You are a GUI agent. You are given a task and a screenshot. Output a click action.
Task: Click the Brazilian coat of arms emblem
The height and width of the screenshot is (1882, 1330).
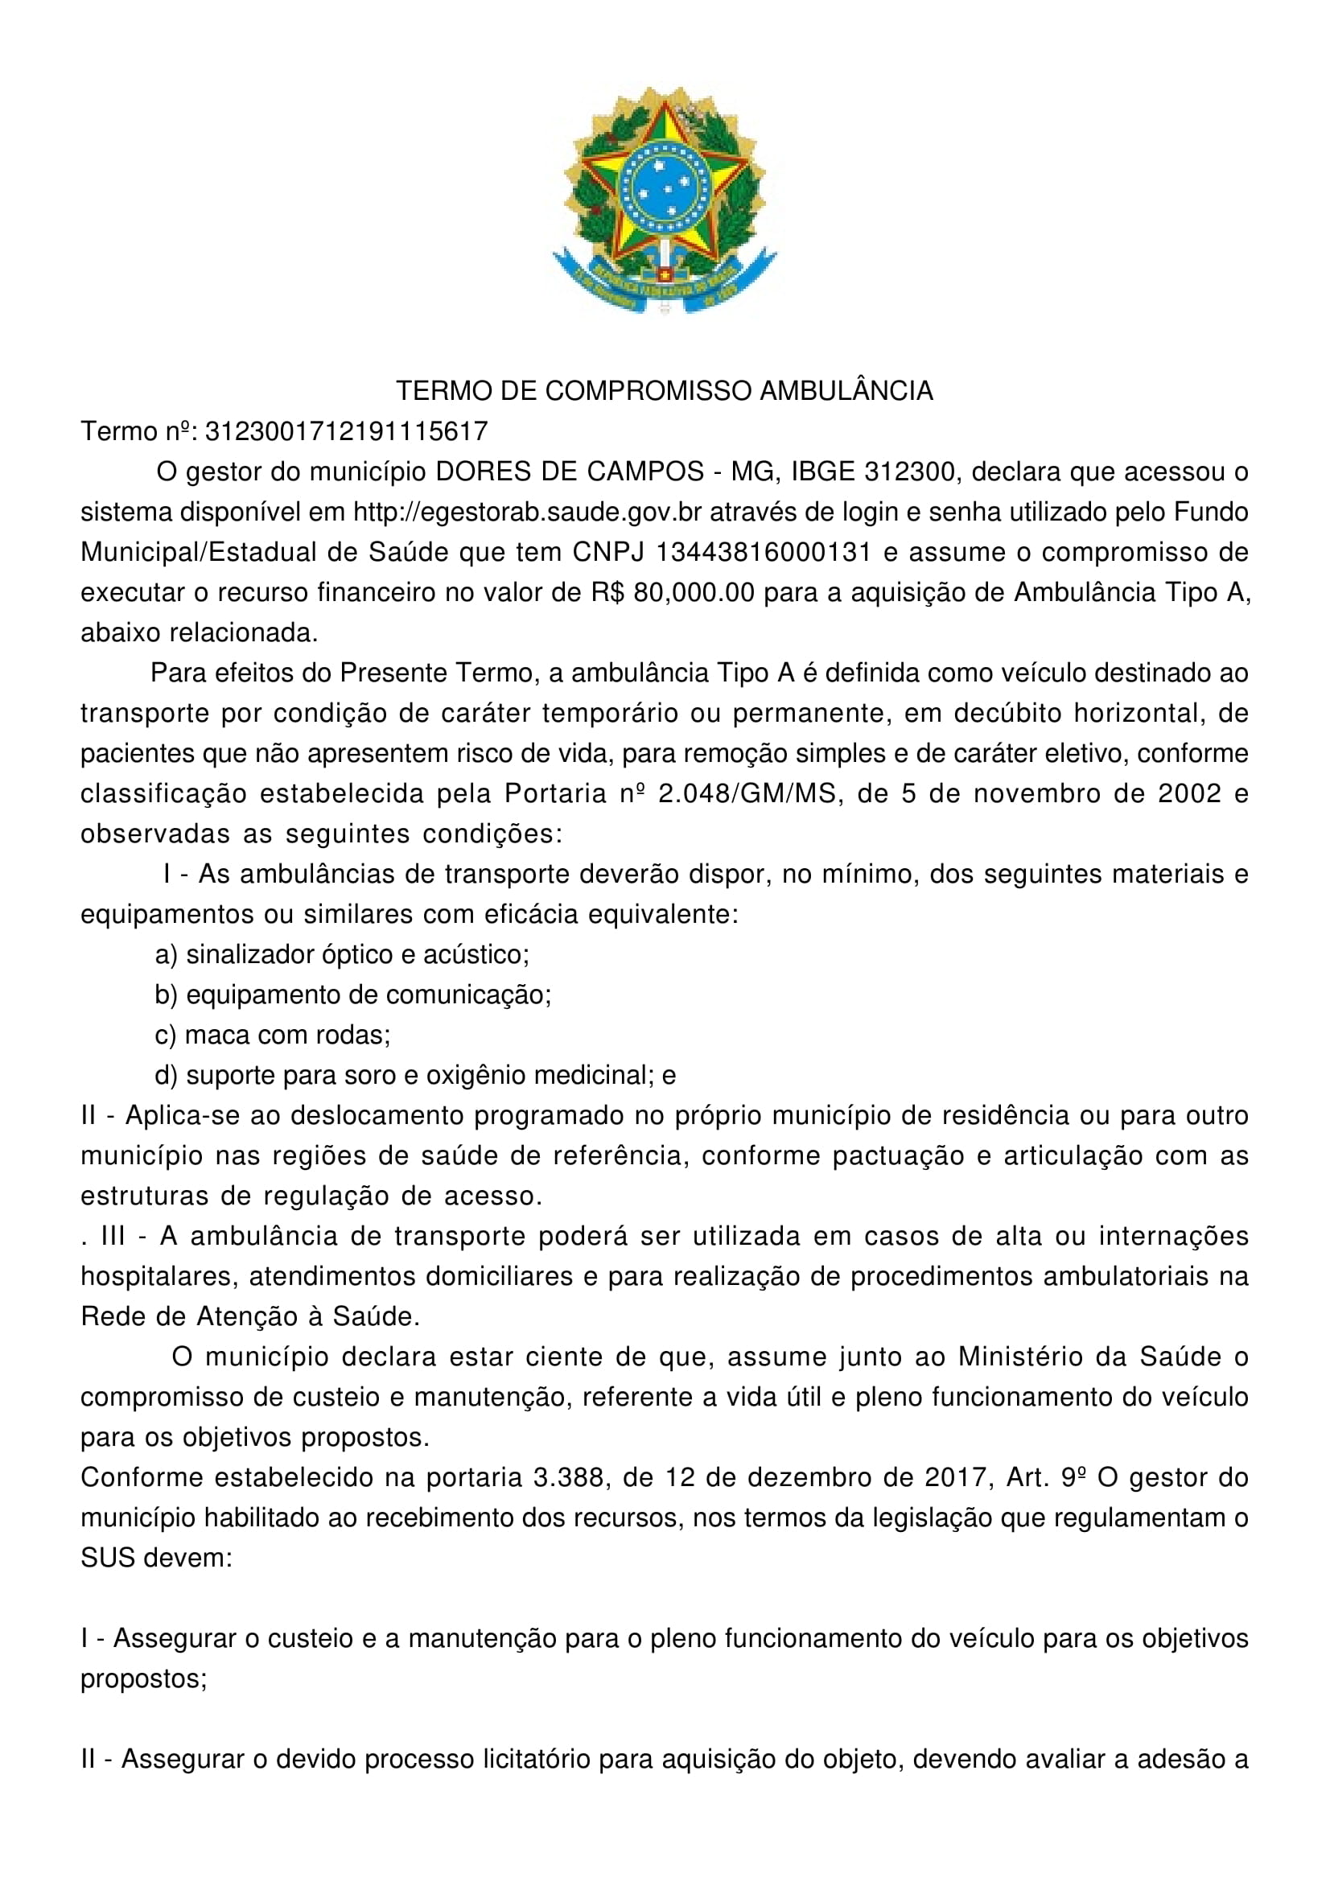664,200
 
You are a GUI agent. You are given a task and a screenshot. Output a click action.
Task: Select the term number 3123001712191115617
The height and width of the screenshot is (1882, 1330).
346,431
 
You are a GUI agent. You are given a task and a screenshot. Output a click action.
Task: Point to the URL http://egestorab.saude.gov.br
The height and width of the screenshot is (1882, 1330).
528,512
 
